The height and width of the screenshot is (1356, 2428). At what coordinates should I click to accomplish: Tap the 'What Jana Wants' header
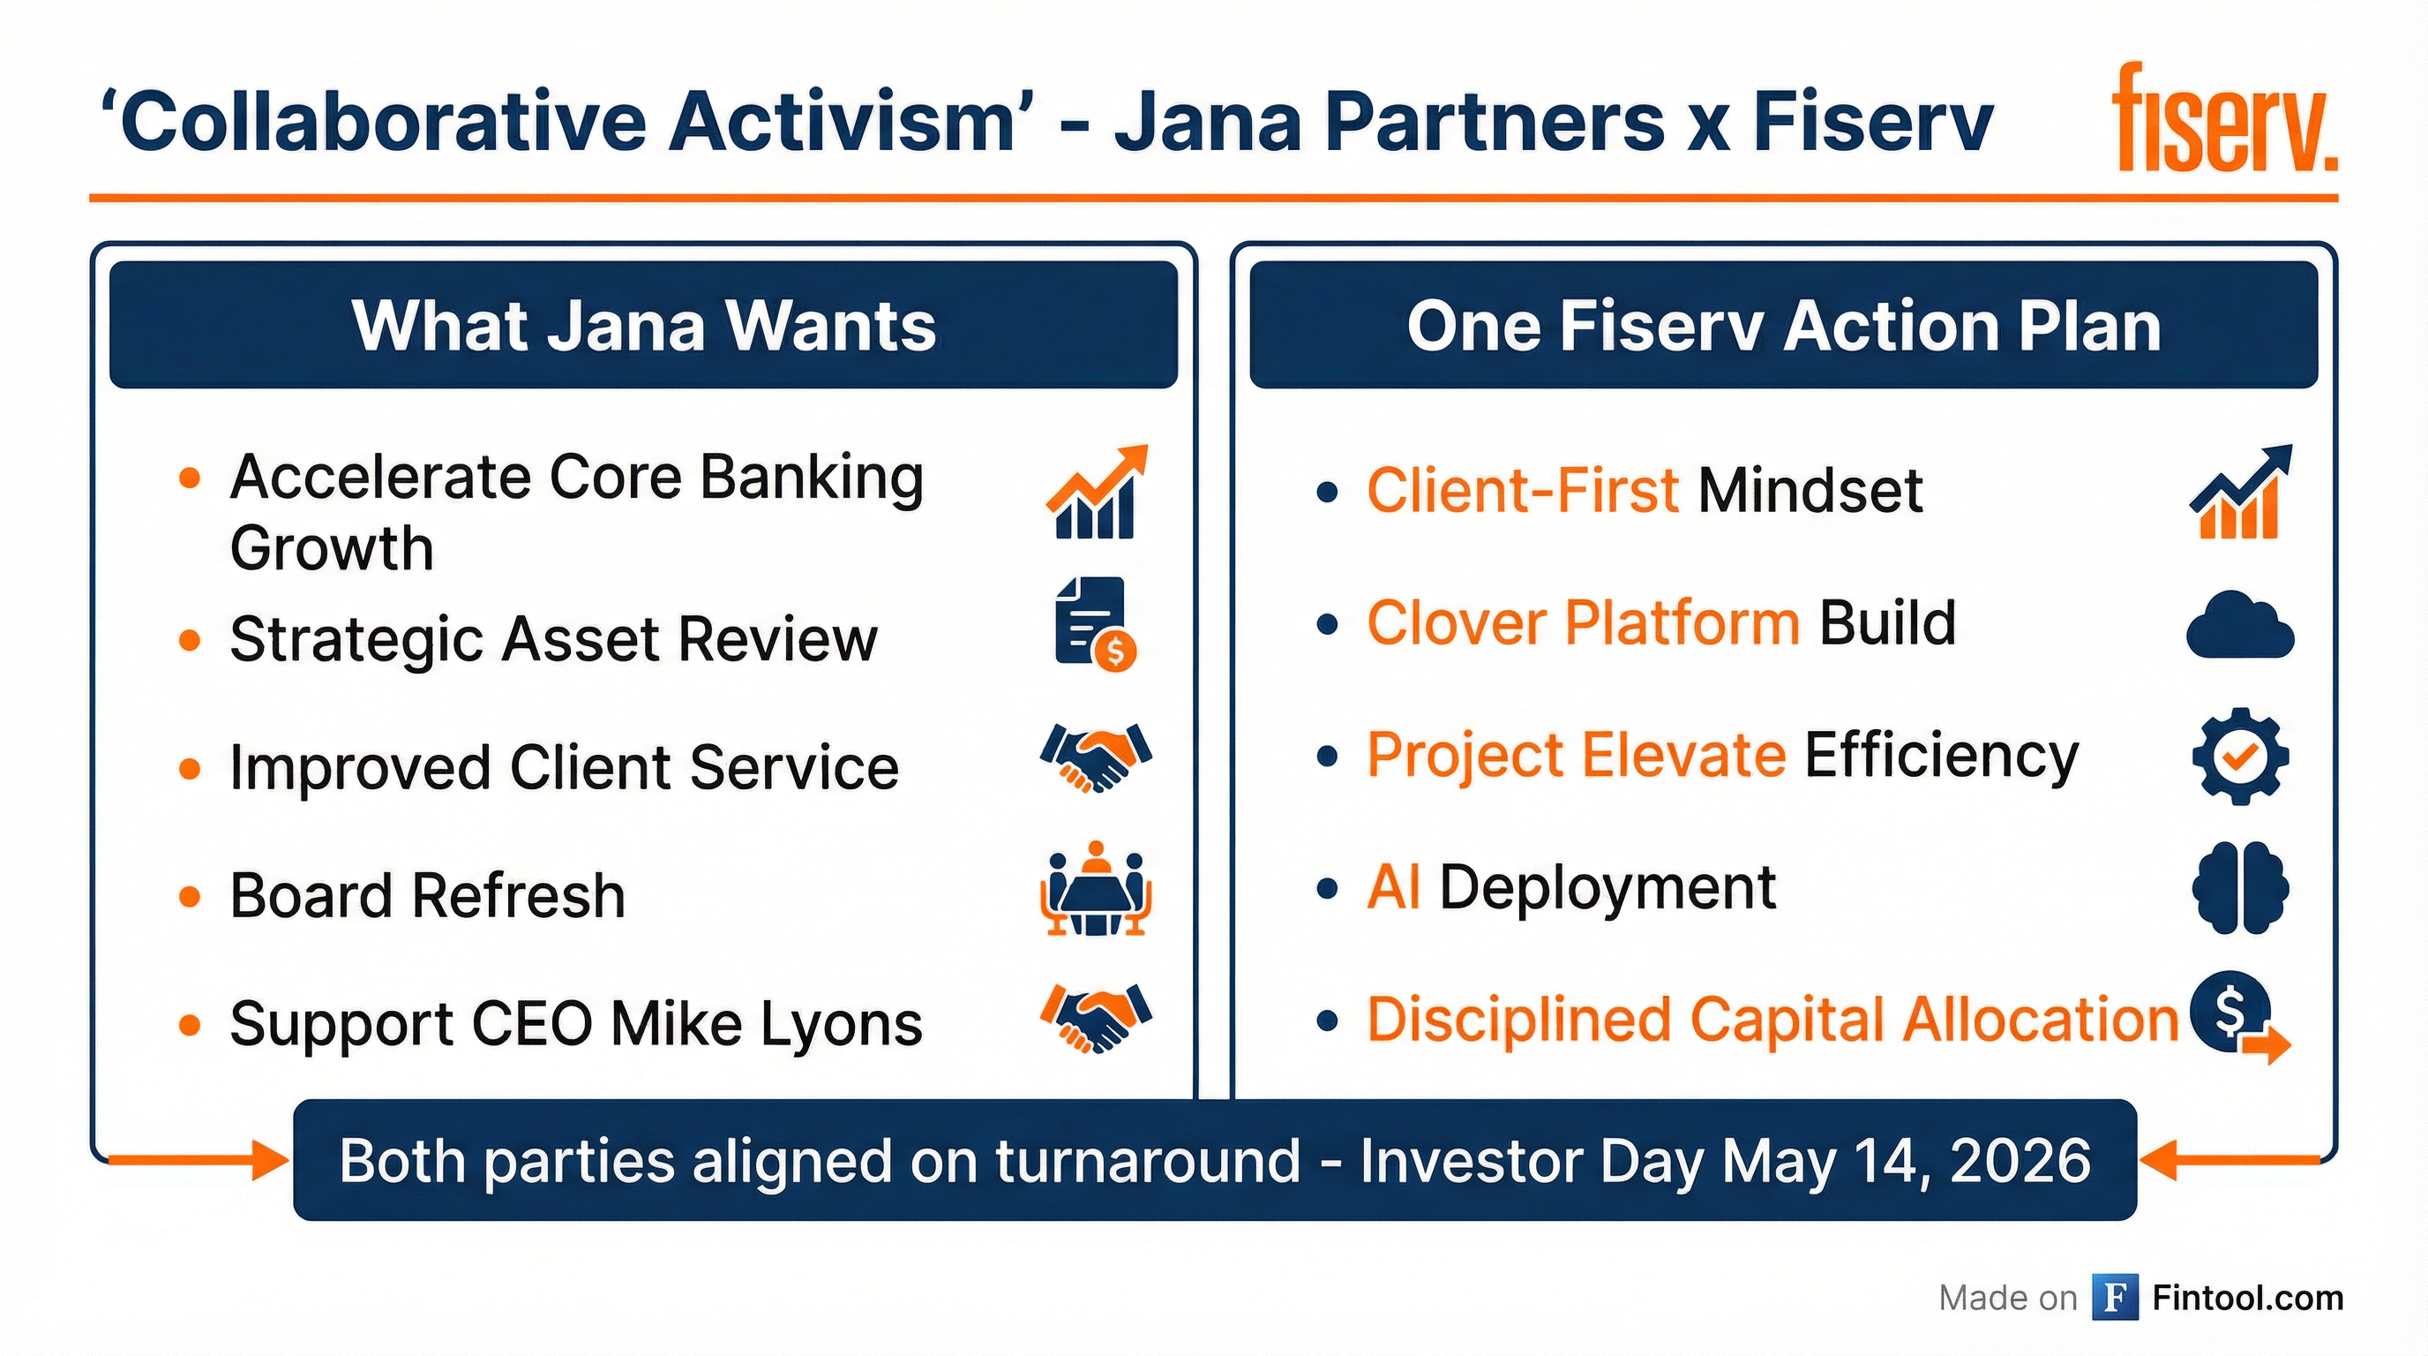(644, 326)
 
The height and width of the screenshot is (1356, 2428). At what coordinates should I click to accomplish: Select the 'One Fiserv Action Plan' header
(1783, 326)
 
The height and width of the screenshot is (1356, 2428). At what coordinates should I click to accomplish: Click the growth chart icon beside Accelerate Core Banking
(1096, 492)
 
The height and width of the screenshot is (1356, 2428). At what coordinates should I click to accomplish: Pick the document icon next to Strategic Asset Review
(1094, 623)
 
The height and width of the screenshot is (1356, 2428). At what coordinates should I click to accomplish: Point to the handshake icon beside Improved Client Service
(1095, 757)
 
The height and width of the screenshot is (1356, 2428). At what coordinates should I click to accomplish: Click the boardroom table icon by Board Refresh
(1095, 889)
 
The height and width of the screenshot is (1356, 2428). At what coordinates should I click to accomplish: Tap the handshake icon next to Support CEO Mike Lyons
(1095, 1018)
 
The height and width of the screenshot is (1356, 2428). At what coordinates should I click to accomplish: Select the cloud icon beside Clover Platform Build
(2239, 625)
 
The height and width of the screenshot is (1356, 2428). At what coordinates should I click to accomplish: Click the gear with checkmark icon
(2240, 757)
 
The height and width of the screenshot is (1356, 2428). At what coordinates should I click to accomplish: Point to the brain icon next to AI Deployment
(2240, 888)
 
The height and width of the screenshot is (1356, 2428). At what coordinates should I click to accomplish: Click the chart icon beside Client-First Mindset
(2240, 492)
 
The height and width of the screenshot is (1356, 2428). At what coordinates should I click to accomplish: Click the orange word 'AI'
(1393, 887)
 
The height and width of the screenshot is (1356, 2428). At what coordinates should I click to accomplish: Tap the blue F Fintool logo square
(2114, 1298)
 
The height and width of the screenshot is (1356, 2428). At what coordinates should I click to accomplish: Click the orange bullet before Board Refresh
(190, 896)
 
